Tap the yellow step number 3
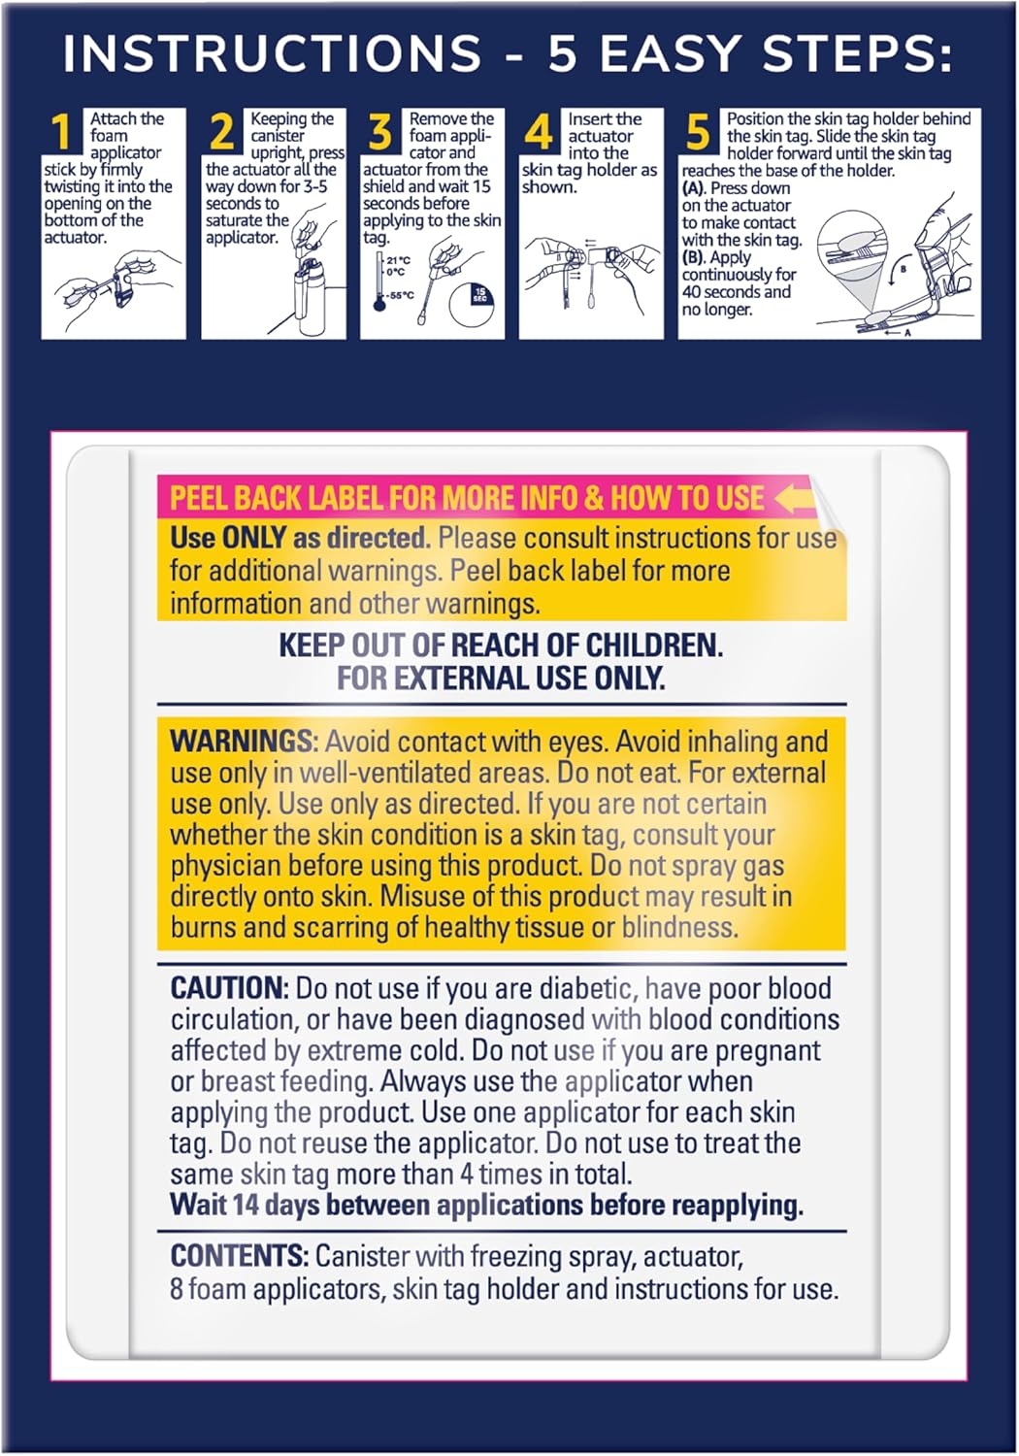[380, 132]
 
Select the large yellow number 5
[698, 132]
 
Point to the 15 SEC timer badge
[479, 294]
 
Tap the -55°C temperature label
[401, 295]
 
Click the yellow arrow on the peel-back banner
[795, 498]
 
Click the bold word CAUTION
[229, 988]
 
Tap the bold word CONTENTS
[239, 1256]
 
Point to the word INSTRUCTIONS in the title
[272, 54]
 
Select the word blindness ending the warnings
[679, 928]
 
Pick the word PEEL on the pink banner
[199, 498]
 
